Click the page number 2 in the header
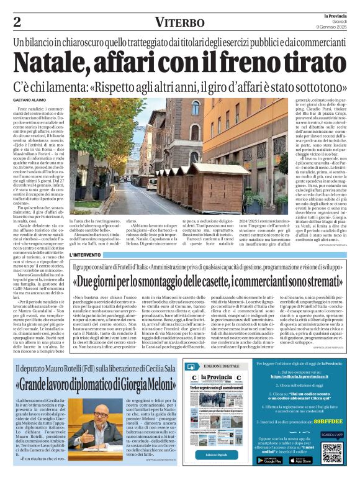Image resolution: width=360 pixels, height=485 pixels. click(17, 22)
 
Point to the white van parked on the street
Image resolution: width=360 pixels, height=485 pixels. click(152, 183)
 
